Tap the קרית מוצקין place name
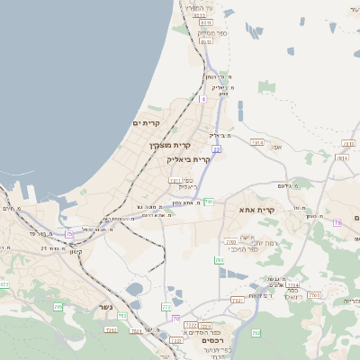click(x=171, y=145)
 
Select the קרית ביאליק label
click(x=189, y=159)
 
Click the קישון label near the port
click(x=76, y=251)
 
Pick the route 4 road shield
click(x=203, y=99)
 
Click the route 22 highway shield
click(x=216, y=149)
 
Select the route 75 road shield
click(x=68, y=235)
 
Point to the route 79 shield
click(x=337, y=222)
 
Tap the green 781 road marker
click(x=208, y=202)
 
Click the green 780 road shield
click(x=219, y=259)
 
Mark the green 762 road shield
click(x=256, y=332)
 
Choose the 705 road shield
click(x=5, y=284)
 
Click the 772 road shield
click(x=166, y=308)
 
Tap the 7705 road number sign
click(x=314, y=295)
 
